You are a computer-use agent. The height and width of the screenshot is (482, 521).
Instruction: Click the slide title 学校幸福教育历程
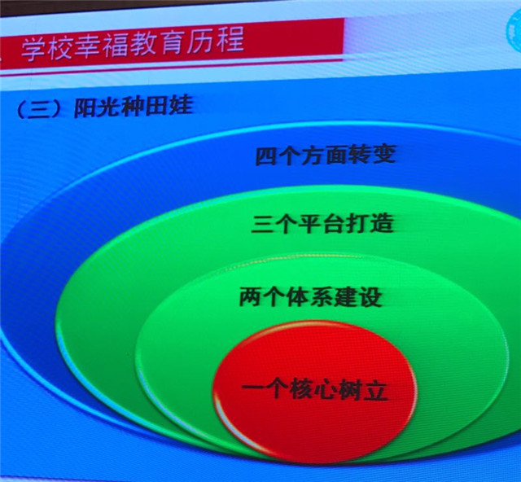[x=133, y=44]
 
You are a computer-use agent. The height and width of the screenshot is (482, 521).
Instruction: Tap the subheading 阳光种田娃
[x=133, y=107]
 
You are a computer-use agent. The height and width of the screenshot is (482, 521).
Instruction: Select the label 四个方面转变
[x=326, y=155]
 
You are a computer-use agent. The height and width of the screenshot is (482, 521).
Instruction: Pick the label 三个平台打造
[x=322, y=223]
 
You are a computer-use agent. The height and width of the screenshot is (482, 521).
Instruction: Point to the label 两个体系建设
[x=310, y=296]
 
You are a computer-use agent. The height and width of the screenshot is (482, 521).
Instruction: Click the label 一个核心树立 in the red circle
[x=315, y=389]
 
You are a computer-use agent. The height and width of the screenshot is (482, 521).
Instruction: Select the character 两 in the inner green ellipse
[x=251, y=296]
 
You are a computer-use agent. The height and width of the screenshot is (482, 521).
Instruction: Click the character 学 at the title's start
[x=33, y=49]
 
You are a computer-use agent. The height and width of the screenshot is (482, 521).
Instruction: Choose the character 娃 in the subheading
[x=181, y=106]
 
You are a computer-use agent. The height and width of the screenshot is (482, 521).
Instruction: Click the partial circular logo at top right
[x=514, y=32]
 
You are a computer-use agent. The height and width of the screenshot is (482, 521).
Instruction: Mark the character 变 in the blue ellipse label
[x=384, y=154]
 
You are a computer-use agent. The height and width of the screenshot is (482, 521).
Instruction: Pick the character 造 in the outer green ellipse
[x=383, y=222]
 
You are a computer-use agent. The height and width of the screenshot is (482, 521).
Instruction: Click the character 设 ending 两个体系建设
[x=371, y=296]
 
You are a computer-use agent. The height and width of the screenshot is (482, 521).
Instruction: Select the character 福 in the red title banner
[x=116, y=46]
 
